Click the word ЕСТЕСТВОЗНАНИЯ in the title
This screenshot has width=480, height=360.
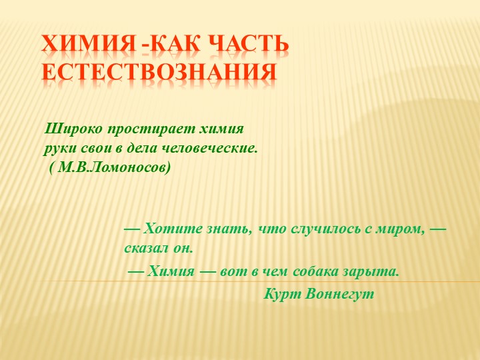point(159,71)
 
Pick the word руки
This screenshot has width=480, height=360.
point(59,147)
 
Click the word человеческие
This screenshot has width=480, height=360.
point(213,147)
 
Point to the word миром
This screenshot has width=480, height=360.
point(403,229)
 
